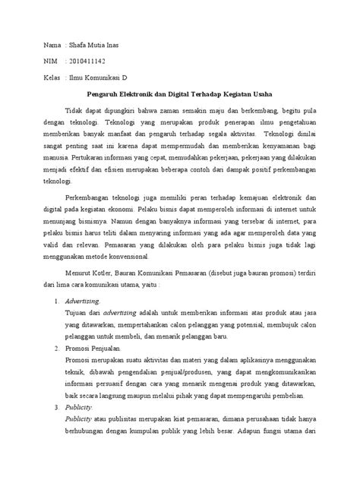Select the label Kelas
pos(52,78)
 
